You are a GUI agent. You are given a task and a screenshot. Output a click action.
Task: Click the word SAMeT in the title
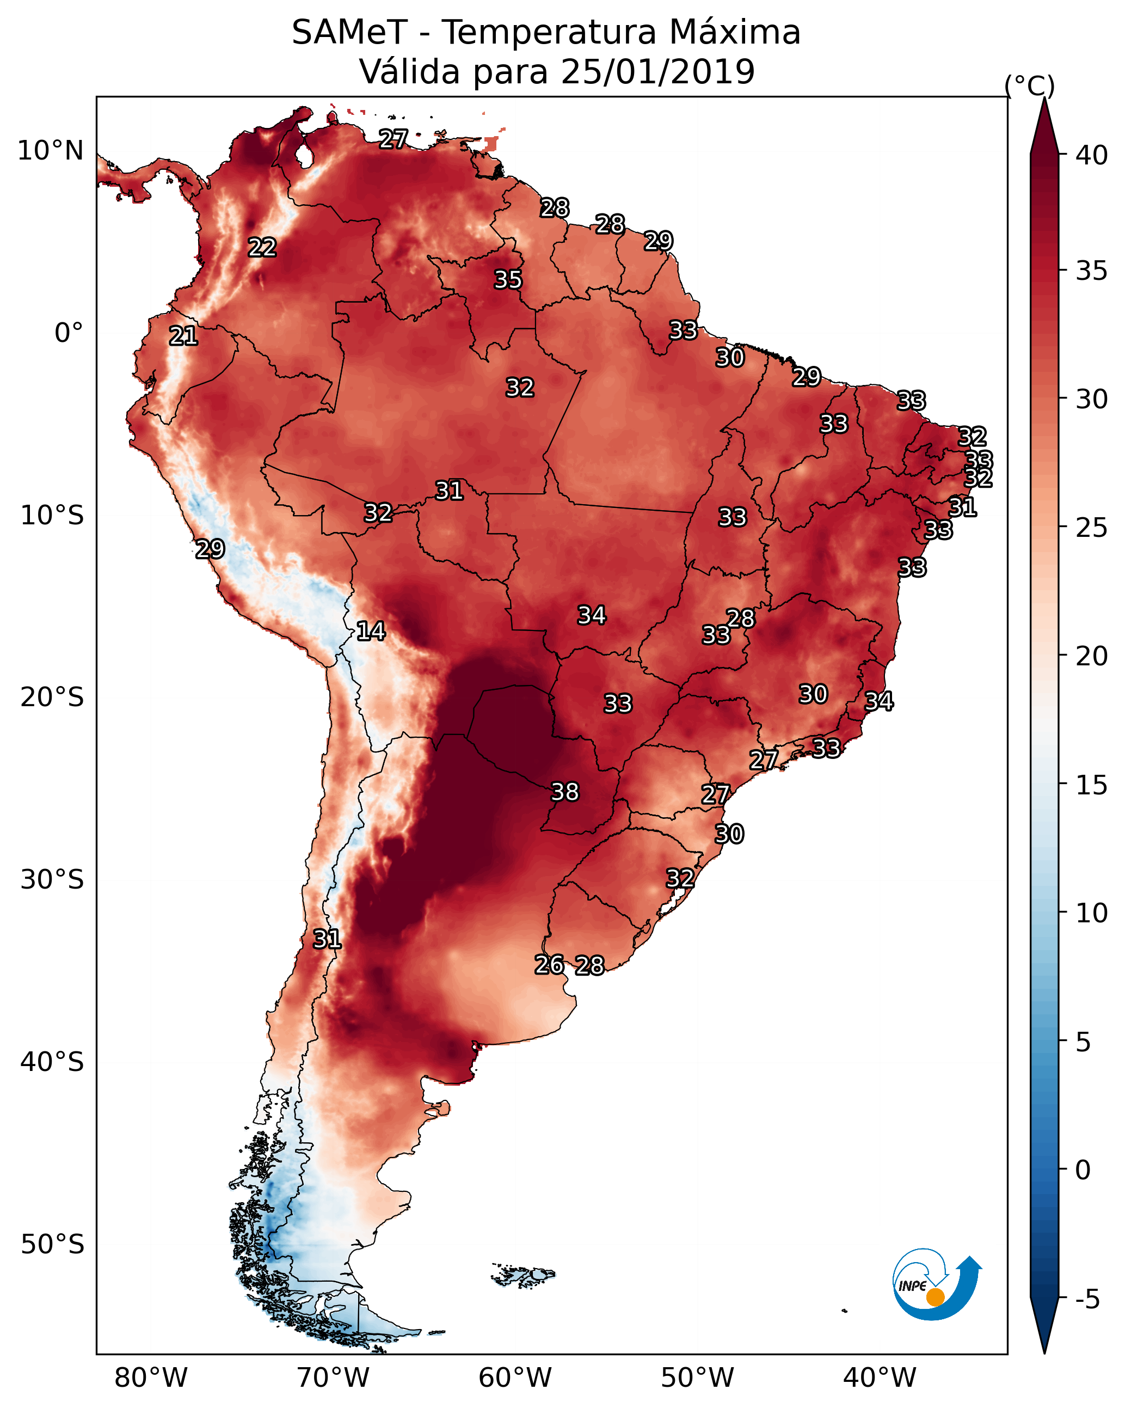(x=349, y=33)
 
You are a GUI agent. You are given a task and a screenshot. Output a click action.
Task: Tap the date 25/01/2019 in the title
(x=657, y=72)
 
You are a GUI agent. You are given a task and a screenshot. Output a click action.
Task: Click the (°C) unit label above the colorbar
(x=1029, y=85)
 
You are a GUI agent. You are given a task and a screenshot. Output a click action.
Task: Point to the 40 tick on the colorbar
(x=1091, y=155)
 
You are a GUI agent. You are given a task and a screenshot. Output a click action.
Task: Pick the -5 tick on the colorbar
(x=1087, y=1300)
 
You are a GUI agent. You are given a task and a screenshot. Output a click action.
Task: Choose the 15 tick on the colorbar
(x=1091, y=785)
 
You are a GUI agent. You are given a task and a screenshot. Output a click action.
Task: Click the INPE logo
(x=936, y=1284)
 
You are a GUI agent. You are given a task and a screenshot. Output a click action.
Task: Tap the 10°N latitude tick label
(x=50, y=151)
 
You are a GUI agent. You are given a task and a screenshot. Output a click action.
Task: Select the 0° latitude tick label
(x=69, y=333)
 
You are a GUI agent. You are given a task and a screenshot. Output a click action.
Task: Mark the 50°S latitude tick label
(x=52, y=1245)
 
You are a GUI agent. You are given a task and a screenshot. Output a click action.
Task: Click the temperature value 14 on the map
(x=371, y=631)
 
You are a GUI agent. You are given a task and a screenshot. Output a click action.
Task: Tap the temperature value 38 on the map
(x=565, y=792)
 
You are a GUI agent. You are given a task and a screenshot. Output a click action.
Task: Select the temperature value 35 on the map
(x=508, y=279)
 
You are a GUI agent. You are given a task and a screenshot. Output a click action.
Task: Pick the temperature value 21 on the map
(x=183, y=336)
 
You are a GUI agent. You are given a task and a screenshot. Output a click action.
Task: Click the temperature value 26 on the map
(x=549, y=965)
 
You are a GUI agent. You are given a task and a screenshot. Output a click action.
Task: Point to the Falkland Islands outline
(x=522, y=1274)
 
